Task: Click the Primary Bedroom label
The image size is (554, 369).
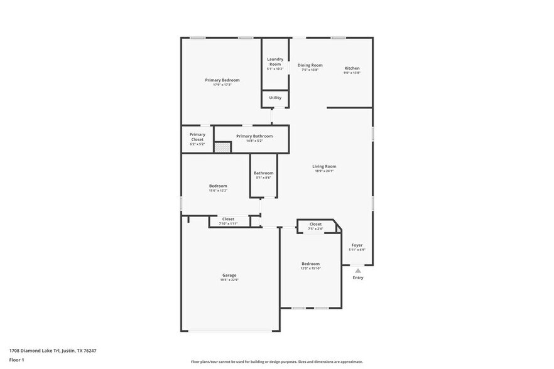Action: click(x=222, y=80)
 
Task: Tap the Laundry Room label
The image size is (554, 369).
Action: click(x=275, y=61)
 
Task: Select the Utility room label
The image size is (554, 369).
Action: click(x=275, y=98)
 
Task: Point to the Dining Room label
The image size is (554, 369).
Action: click(x=310, y=65)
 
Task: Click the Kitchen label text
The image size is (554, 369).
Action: click(x=352, y=68)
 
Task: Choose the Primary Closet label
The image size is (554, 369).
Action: click(x=197, y=137)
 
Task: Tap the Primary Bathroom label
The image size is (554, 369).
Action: click(x=254, y=136)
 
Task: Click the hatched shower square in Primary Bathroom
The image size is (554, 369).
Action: click(x=222, y=147)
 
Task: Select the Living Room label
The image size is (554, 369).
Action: click(x=324, y=166)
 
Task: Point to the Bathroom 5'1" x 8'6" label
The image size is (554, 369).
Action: click(x=263, y=173)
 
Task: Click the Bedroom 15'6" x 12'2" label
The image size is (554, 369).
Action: click(x=218, y=186)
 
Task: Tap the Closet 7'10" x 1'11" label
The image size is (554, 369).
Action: click(x=228, y=219)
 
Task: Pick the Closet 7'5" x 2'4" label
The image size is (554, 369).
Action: click(x=315, y=224)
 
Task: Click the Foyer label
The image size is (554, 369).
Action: click(x=357, y=245)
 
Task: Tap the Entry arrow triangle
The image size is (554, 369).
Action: click(x=358, y=270)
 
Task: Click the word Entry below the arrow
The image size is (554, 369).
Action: click(x=358, y=277)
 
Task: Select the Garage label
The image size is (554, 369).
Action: click(x=229, y=275)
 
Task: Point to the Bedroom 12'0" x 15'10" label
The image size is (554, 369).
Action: click(x=310, y=264)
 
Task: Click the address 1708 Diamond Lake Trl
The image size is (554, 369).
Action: click(x=52, y=351)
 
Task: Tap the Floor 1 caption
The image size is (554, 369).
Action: click(x=16, y=360)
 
